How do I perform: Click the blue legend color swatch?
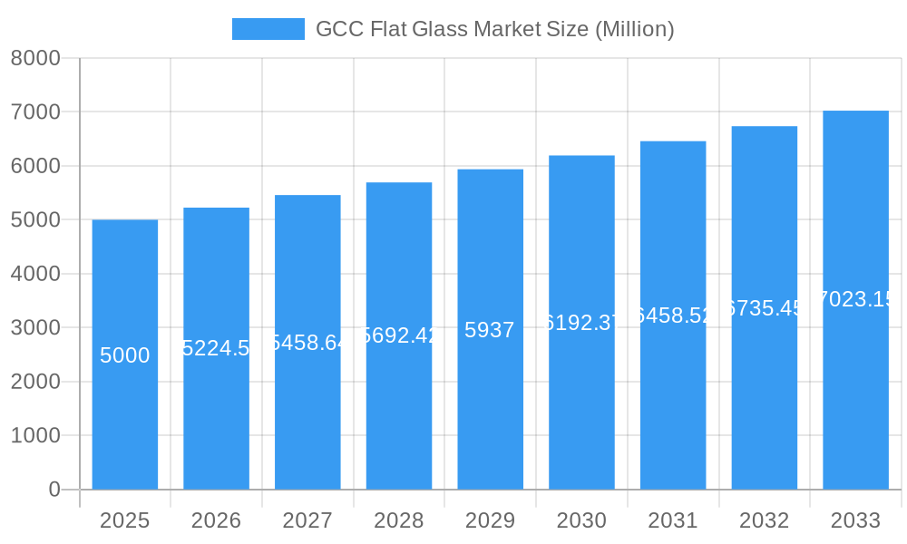pos(268,29)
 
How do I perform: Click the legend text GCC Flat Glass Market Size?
pos(494,29)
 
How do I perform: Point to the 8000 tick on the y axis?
pos(35,58)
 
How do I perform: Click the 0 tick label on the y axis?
pos(54,490)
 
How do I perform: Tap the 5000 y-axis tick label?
pos(35,219)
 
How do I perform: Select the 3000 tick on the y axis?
pos(35,327)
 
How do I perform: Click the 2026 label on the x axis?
pos(216,520)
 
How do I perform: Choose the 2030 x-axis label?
pos(581,520)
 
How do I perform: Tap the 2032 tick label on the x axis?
pos(764,520)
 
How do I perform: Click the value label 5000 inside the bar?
pos(125,355)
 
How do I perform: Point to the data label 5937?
pos(490,330)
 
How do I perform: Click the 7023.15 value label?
pos(856,299)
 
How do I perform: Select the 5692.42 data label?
pos(399,335)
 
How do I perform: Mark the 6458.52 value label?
pos(673,316)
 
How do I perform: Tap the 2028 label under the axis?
pos(399,520)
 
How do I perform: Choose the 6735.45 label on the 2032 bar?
pos(765,308)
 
